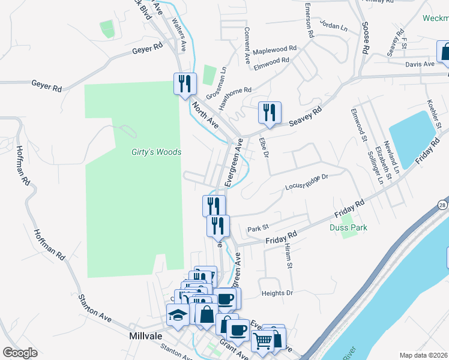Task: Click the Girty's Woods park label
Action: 156,152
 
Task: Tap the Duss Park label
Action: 348,227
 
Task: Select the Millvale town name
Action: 146,337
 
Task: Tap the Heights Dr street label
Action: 277,293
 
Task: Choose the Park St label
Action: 256,229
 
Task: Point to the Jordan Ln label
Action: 334,27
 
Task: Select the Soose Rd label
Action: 364,38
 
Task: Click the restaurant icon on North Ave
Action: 185,83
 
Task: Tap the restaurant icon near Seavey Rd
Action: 270,112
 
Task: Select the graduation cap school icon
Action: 178,315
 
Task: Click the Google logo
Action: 20,353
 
